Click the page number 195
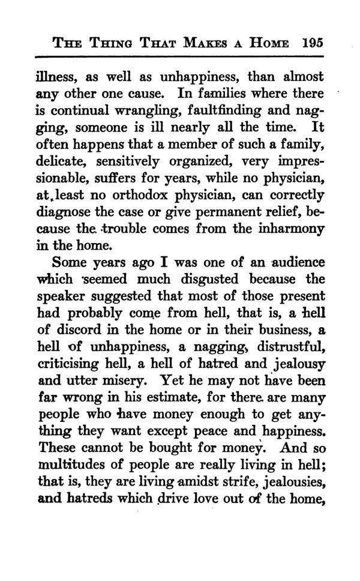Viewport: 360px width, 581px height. point(314,43)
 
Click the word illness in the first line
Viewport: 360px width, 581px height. point(71,77)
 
